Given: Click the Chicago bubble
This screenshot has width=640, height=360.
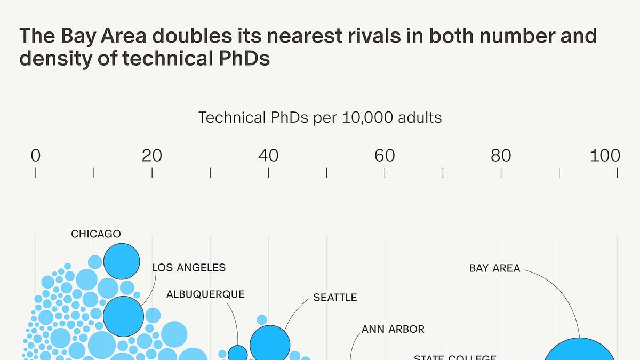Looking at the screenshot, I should click(x=122, y=261).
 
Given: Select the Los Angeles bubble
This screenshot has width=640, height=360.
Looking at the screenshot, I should click(x=123, y=316).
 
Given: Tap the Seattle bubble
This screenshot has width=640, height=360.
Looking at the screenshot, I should click(x=270, y=345).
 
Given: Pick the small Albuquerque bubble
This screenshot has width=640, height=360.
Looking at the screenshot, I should click(x=238, y=354).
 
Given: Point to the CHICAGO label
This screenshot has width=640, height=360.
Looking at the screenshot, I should click(x=96, y=234).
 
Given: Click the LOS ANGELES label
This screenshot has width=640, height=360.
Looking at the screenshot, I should click(x=189, y=267).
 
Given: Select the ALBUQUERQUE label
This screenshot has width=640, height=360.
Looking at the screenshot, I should click(x=205, y=294).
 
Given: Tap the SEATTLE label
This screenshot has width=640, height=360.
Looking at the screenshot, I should click(x=335, y=298).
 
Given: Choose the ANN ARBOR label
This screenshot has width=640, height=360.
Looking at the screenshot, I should click(x=393, y=329).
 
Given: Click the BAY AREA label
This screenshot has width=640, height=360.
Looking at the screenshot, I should click(x=494, y=268).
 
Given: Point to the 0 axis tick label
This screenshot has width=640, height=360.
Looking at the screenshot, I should click(x=36, y=155).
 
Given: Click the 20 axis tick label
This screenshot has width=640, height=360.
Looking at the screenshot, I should click(x=152, y=155).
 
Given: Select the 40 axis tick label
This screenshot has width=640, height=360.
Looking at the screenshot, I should click(x=268, y=155).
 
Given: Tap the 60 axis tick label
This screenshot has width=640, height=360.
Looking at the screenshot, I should click(x=385, y=155).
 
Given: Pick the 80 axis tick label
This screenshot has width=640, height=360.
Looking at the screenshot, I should click(x=501, y=155).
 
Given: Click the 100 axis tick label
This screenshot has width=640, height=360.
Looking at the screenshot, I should click(x=605, y=155).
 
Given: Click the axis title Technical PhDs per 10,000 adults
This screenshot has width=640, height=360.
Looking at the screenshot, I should click(x=320, y=117).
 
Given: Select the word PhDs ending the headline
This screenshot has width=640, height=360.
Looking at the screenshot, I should click(x=243, y=59).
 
